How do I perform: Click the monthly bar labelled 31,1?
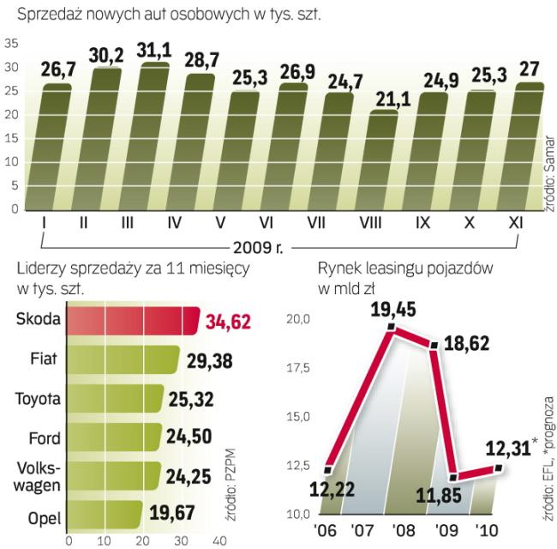coord(129,137)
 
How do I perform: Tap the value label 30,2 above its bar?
coord(84,56)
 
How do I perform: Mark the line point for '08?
coord(392,327)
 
